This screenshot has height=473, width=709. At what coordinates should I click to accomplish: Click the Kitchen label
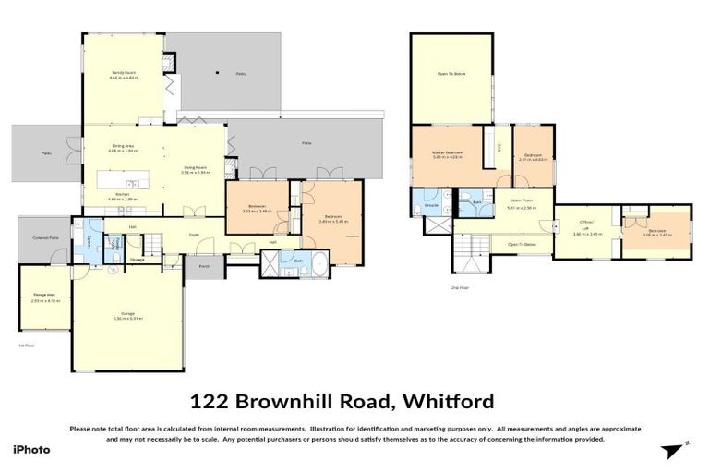[x=122, y=194]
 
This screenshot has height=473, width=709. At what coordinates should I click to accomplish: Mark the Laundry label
[x=90, y=242]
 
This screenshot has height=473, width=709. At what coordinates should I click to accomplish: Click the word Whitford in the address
[x=449, y=401]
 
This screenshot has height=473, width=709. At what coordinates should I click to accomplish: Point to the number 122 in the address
[x=210, y=401]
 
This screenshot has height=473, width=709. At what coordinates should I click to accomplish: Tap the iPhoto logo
[x=31, y=450]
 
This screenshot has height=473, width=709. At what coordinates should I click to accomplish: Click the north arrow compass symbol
[x=675, y=451]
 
